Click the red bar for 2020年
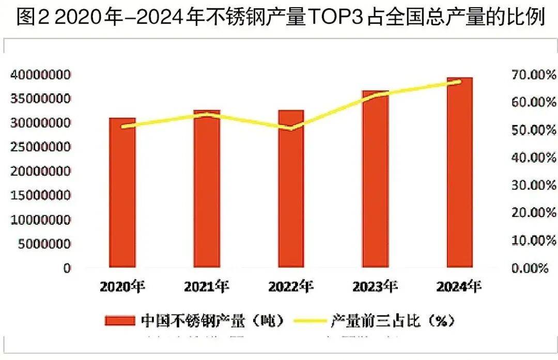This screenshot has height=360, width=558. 122,194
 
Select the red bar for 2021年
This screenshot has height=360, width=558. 207,190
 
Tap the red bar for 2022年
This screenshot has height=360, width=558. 291,190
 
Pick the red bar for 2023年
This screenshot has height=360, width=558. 376,180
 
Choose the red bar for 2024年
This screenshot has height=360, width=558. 460,173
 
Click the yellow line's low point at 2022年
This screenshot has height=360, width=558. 291,129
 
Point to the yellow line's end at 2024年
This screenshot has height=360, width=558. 460,81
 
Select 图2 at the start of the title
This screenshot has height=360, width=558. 32,18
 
